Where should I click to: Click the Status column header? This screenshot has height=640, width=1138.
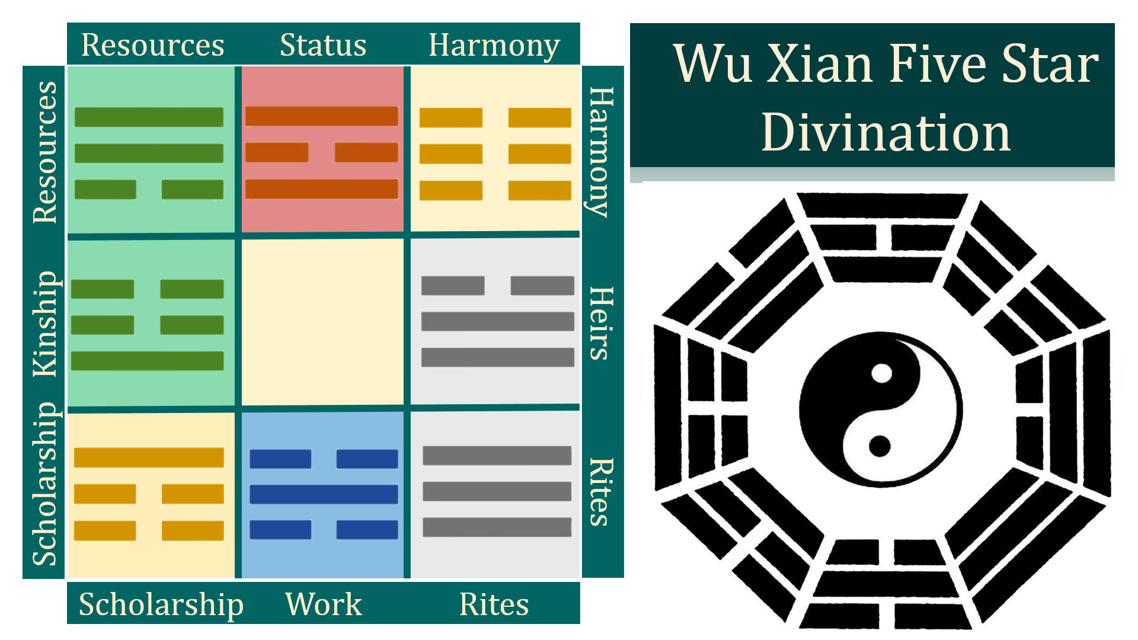click(x=323, y=45)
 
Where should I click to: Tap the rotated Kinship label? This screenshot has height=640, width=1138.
click(x=45, y=324)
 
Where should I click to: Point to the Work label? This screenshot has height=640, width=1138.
click(x=323, y=604)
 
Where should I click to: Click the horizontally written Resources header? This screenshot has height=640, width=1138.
click(x=152, y=45)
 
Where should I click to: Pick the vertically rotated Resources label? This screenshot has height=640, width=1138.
click(x=45, y=152)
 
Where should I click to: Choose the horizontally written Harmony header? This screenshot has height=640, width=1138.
click(x=494, y=45)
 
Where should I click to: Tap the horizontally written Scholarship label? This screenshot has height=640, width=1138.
click(x=161, y=604)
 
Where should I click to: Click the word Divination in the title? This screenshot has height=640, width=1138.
click(x=886, y=133)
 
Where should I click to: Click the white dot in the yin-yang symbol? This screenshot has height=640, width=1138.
click(x=882, y=374)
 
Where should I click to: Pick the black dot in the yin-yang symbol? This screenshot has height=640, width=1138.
click(x=880, y=446)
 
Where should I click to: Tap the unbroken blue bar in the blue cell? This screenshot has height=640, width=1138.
click(x=323, y=494)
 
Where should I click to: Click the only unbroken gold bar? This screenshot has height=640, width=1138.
click(x=149, y=457)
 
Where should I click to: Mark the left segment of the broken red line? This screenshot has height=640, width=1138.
click(x=277, y=152)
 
